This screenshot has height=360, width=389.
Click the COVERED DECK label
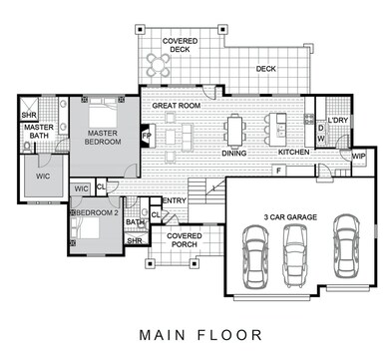(x=180, y=45)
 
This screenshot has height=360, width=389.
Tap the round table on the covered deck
(x=159, y=64)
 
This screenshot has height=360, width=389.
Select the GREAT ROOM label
(x=177, y=106)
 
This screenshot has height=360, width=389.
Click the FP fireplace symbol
(x=147, y=136)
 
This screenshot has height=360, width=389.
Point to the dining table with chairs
(x=234, y=131)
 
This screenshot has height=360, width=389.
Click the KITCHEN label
(x=294, y=152)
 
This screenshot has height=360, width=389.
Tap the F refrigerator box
(x=279, y=171)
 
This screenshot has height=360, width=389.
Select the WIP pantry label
(x=358, y=157)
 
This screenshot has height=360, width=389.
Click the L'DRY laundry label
(x=337, y=120)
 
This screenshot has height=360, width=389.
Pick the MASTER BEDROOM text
(x=103, y=138)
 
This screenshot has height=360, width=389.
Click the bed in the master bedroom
(x=103, y=113)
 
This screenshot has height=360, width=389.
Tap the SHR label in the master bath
(x=29, y=116)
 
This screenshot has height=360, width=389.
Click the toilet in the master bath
(x=27, y=147)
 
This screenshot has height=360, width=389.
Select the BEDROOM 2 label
(x=97, y=212)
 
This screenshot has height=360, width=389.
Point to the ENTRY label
(x=175, y=200)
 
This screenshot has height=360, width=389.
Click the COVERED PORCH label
(x=185, y=240)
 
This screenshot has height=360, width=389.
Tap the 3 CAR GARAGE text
(x=290, y=217)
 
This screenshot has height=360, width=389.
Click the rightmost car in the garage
(x=346, y=245)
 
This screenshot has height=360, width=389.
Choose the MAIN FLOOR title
(x=200, y=335)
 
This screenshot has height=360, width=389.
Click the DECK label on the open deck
(x=266, y=69)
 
